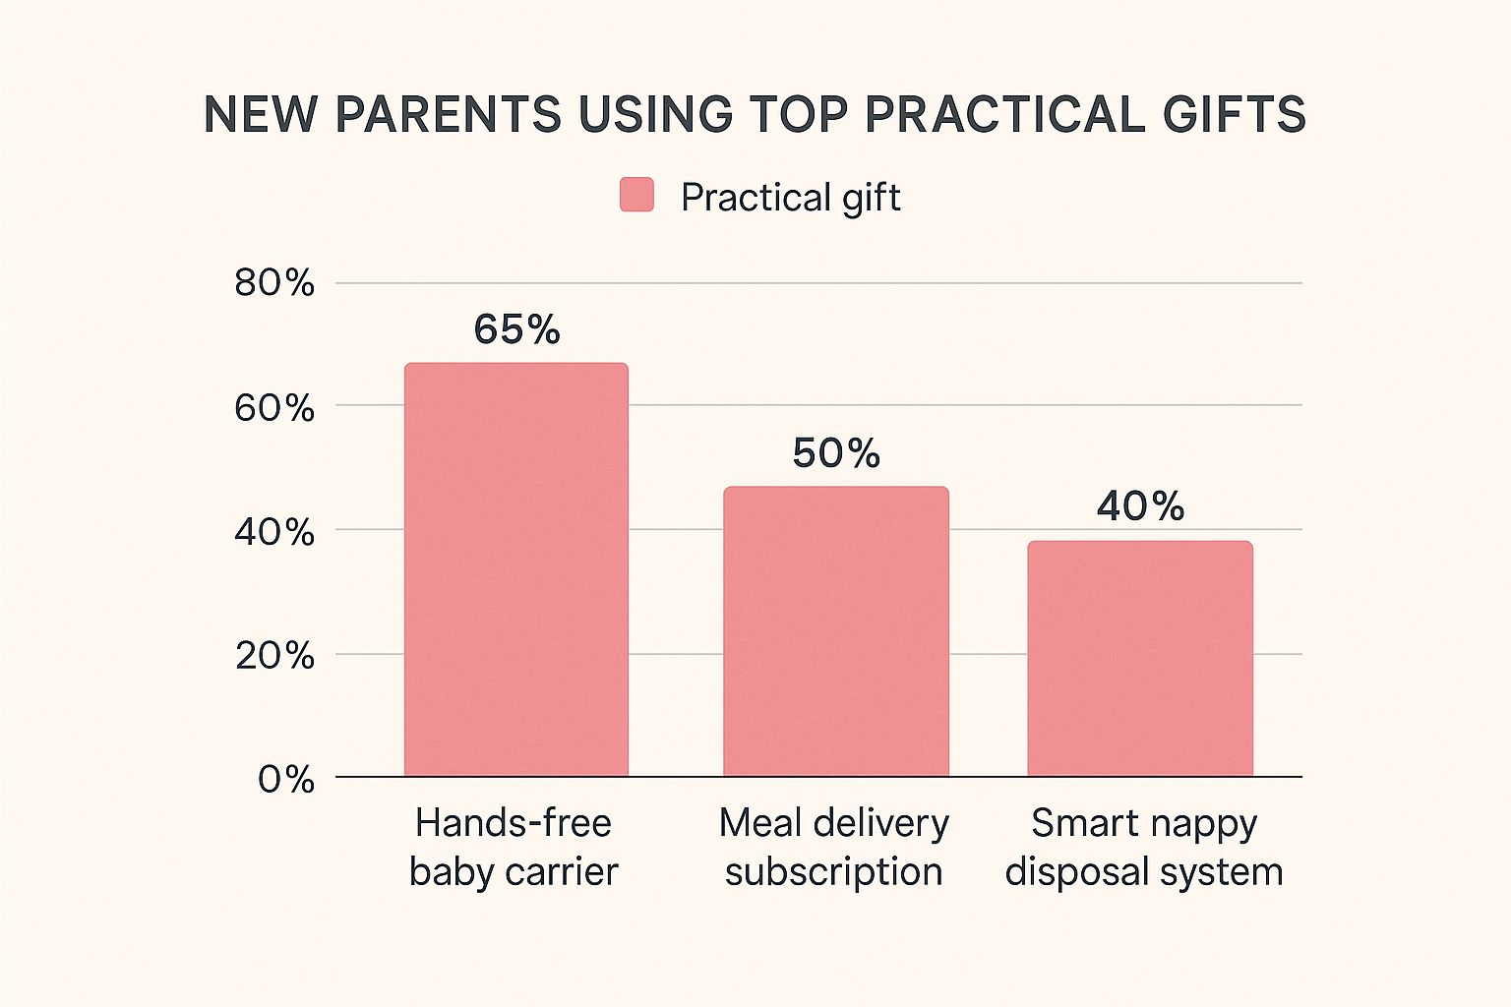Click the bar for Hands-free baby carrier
click(516, 570)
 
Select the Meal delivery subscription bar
click(836, 631)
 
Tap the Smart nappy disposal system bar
click(1140, 659)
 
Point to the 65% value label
click(516, 330)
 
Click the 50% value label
click(836, 453)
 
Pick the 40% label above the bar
click(1140, 506)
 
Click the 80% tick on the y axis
click(274, 283)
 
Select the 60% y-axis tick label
click(274, 407)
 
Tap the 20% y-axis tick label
click(274, 655)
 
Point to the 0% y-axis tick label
click(286, 780)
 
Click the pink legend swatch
click(636, 195)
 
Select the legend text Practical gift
click(790, 198)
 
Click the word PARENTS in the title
click(448, 115)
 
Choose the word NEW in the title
click(261, 115)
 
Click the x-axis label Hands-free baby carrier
click(514, 847)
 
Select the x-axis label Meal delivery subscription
click(834, 847)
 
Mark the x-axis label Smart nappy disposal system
click(1144, 847)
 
